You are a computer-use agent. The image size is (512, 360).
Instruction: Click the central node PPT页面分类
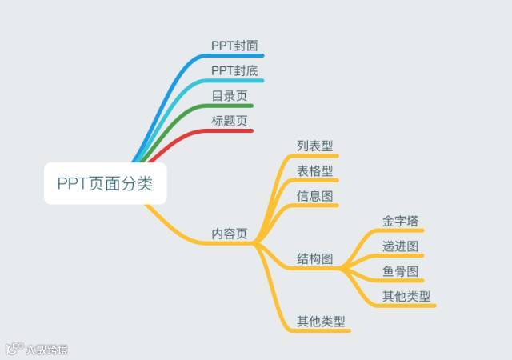pos(105,183)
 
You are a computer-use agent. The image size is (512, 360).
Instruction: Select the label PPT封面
pos(234,46)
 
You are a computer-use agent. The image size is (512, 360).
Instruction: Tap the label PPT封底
pos(234,71)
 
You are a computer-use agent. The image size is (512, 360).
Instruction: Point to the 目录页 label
pos(229,96)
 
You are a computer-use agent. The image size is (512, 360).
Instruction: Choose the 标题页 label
pos(229,121)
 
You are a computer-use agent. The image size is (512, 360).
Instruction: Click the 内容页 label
pos(229,234)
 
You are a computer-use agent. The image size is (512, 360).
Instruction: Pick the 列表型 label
pos(314,146)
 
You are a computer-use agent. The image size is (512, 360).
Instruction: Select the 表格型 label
pos(314,170)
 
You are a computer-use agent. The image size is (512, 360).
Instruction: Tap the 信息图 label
pos(314,195)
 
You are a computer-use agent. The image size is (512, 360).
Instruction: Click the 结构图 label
pos(314,259)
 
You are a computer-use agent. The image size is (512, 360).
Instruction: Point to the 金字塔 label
pos(400,222)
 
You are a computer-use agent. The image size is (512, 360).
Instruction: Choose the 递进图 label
pos(400,246)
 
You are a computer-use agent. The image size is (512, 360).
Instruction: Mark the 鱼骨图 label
pos(400,271)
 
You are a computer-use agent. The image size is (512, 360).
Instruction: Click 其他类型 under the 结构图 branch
pos(406,296)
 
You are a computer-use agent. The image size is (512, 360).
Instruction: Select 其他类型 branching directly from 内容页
pos(321,322)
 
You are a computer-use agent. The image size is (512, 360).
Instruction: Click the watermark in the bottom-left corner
pos(36,350)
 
